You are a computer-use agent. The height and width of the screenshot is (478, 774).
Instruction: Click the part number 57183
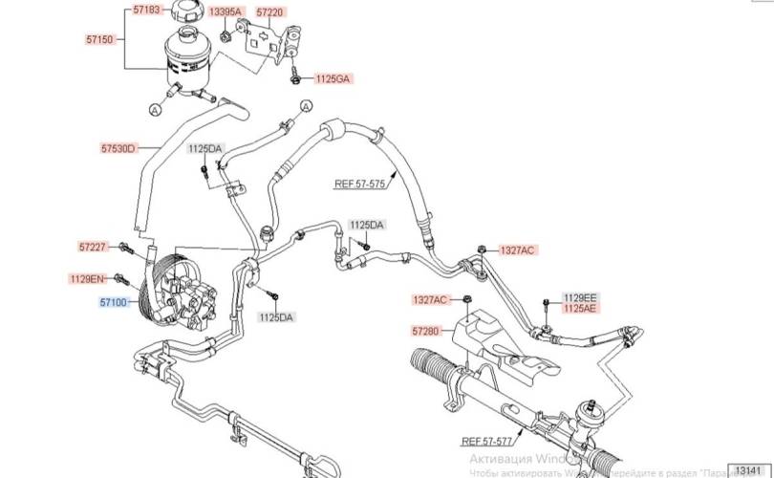click(146, 10)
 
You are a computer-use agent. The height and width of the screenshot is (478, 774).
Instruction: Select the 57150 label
click(99, 40)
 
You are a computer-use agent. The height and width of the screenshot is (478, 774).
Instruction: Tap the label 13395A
click(226, 11)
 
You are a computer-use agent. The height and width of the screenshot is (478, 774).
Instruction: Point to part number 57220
click(270, 11)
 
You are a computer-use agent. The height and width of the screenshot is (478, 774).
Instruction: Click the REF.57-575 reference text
click(358, 183)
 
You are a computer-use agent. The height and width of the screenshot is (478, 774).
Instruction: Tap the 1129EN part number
click(86, 279)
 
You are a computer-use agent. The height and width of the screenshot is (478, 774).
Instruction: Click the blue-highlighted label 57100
click(113, 302)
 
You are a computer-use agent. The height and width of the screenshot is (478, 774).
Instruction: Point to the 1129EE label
click(579, 297)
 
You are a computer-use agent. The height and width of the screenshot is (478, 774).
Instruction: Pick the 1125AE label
click(579, 309)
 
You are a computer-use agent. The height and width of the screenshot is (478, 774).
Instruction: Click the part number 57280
click(426, 331)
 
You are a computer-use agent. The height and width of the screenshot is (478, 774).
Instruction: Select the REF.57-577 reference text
click(485, 442)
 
